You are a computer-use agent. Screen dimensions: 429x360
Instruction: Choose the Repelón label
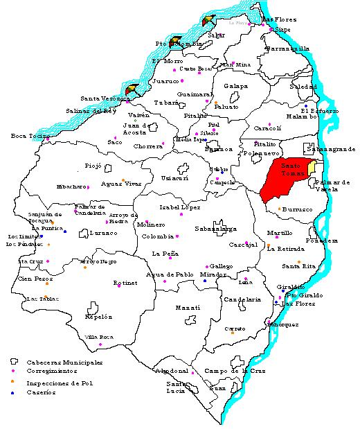98,316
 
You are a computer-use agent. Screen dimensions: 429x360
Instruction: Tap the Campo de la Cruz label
231,371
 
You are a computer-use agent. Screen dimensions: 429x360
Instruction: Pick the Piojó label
93,166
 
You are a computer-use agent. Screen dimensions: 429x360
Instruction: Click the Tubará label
166,102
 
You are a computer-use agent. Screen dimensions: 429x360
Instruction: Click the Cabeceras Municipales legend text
64,362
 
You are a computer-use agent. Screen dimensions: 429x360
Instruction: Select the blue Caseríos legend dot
12,392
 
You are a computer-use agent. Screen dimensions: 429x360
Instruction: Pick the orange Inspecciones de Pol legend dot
12,382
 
